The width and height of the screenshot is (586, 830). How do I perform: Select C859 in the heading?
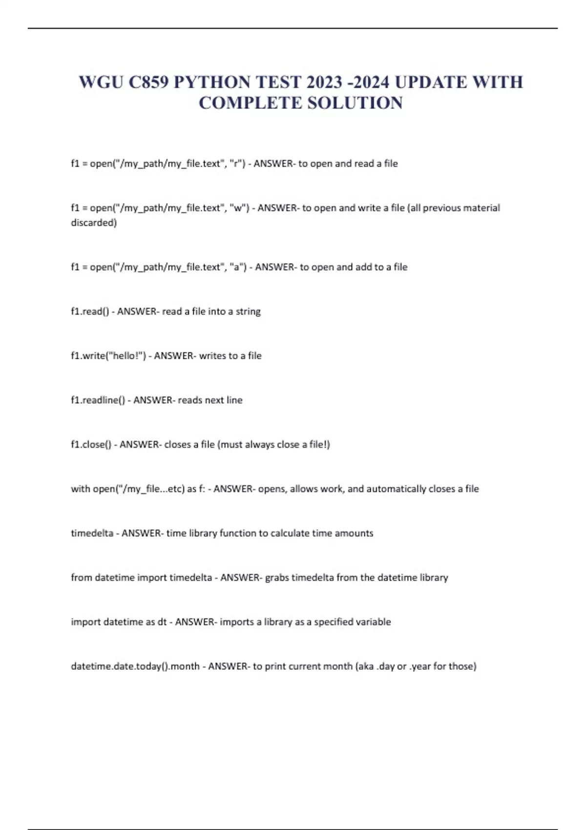pos(148,82)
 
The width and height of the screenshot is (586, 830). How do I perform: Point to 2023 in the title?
pos(324,82)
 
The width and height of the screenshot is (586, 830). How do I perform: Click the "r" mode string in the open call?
pos(237,164)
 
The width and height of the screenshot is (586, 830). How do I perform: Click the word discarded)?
pos(94,223)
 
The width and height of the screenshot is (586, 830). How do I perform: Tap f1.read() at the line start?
pos(90,311)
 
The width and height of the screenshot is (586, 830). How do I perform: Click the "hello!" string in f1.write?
pos(126,356)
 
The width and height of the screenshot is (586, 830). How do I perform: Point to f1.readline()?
pos(98,400)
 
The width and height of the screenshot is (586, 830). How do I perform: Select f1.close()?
pos(91,445)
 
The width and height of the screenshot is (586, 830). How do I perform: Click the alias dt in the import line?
pos(162,622)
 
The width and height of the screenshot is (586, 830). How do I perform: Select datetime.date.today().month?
pos(135,666)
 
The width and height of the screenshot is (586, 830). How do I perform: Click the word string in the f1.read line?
pos(248,311)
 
